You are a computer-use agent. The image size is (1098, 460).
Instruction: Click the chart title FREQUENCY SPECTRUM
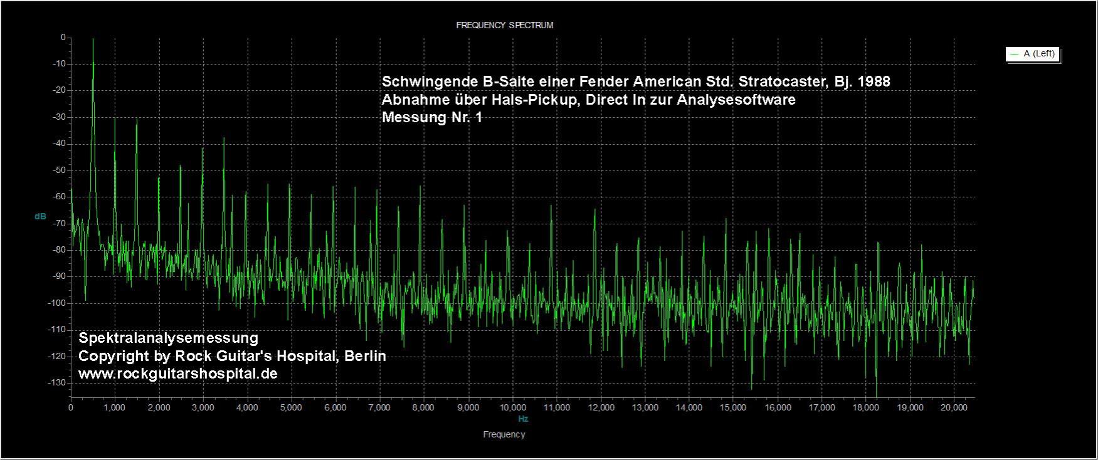504,26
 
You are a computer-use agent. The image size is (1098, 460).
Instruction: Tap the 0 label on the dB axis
63,38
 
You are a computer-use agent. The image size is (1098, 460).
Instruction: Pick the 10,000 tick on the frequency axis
512,408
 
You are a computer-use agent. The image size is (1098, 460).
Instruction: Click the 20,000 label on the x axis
954,408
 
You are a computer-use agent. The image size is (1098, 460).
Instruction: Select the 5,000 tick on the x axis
292,408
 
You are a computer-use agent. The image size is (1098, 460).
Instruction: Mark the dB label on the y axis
40,217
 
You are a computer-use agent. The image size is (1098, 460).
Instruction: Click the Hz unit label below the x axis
523,419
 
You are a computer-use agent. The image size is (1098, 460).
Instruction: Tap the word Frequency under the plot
504,434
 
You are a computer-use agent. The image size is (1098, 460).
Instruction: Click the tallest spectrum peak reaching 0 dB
93,40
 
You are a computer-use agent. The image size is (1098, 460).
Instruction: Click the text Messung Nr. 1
432,117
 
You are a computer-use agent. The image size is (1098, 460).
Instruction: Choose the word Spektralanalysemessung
168,338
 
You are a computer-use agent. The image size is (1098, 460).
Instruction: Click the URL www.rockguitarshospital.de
177,374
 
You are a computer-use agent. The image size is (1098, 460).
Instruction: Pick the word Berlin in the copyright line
364,356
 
